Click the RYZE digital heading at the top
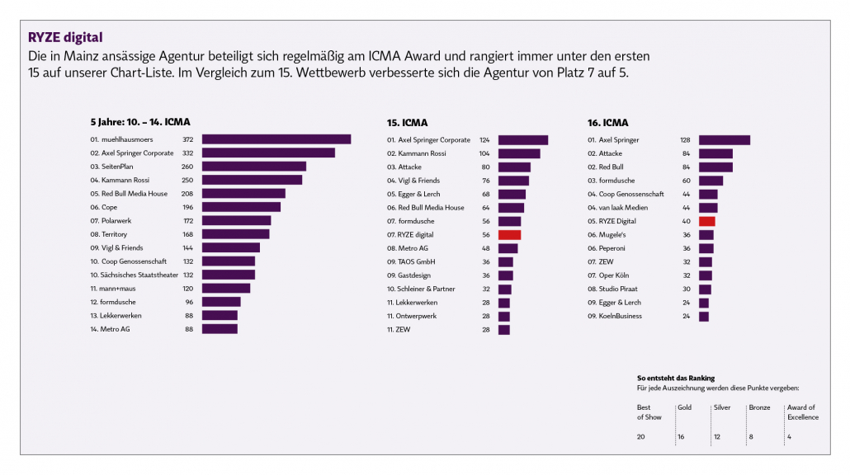pyautogui.click(x=65, y=38)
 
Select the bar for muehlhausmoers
pyautogui.click(x=276, y=139)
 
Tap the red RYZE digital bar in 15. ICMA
pyautogui.click(x=509, y=235)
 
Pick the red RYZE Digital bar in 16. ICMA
pyautogui.click(x=706, y=221)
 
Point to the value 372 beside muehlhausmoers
pyautogui.click(x=188, y=140)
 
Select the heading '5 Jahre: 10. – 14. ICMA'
pyautogui.click(x=139, y=122)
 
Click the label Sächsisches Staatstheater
pyautogui.click(x=134, y=275)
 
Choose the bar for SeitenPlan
pyautogui.click(x=253, y=167)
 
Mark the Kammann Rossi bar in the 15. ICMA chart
pyautogui.click(x=518, y=153)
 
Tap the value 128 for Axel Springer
pyautogui.click(x=684, y=140)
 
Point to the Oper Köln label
pyautogui.click(x=615, y=275)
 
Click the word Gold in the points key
pyautogui.click(x=685, y=407)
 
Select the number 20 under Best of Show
pyautogui.click(x=641, y=436)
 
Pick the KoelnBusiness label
pyautogui.click(x=620, y=316)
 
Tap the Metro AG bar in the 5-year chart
pyautogui.click(x=220, y=329)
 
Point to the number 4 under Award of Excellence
pyautogui.click(x=790, y=436)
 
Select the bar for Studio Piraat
pyautogui.click(x=705, y=289)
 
